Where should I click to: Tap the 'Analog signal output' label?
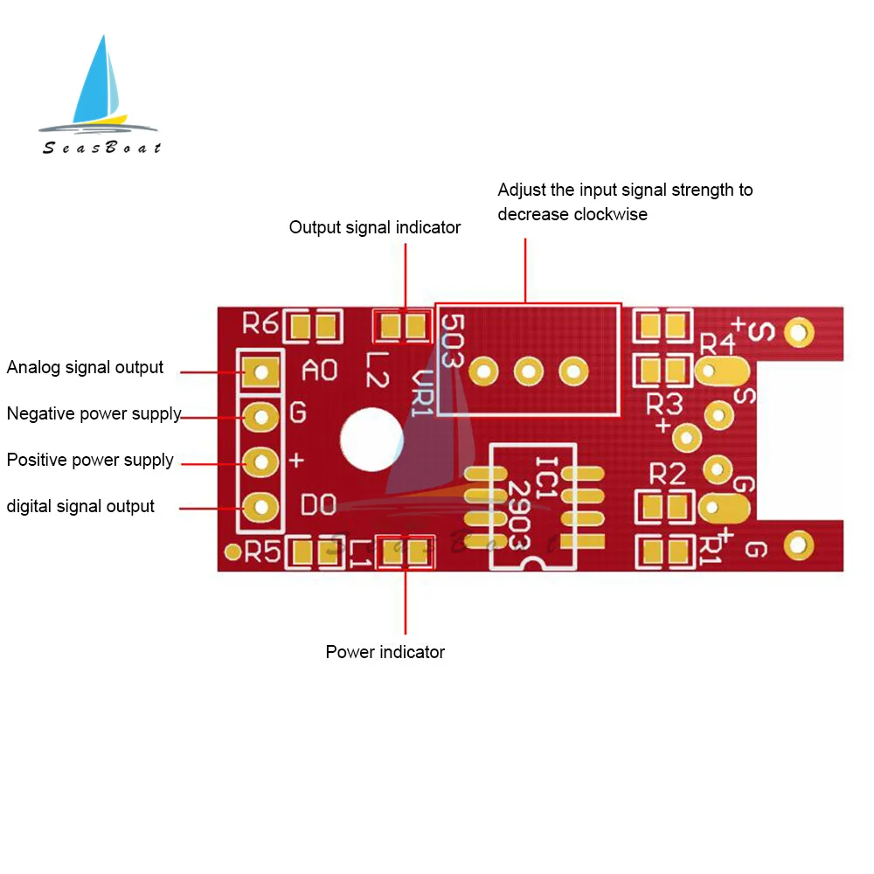pyautogui.click(x=85, y=368)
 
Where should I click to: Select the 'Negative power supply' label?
pyautogui.click(x=94, y=414)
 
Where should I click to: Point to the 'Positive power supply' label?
pyautogui.click(x=90, y=461)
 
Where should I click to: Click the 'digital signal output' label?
pyautogui.click(x=80, y=507)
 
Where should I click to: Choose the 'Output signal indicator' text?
pyautogui.click(x=374, y=228)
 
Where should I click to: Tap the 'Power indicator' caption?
pyautogui.click(x=385, y=653)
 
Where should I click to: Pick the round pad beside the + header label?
pyautogui.click(x=260, y=461)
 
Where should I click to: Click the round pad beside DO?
pyautogui.click(x=260, y=506)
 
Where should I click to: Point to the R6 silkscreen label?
pyautogui.click(x=260, y=325)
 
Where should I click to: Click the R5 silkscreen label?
pyautogui.click(x=263, y=551)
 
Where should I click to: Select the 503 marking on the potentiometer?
pyautogui.click(x=452, y=341)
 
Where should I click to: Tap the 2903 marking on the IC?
pyautogui.click(x=520, y=516)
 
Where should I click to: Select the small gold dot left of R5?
pyautogui.click(x=232, y=551)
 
